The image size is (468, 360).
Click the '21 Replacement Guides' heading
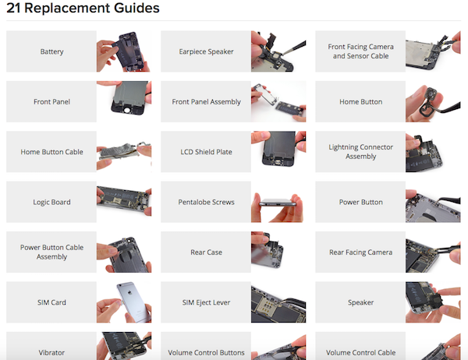(x=83, y=8)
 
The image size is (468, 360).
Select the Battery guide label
(x=51, y=51)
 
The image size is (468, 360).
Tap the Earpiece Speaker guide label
(x=206, y=51)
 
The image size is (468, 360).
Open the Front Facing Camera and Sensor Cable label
(x=360, y=51)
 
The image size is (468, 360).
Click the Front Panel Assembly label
(x=206, y=102)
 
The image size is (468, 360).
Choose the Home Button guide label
(x=360, y=102)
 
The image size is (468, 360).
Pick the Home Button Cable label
(x=51, y=152)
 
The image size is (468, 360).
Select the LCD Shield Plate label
(x=206, y=152)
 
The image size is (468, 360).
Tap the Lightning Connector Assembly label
(x=360, y=151)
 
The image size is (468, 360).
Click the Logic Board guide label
(x=51, y=202)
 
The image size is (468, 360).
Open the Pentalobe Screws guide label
(x=206, y=202)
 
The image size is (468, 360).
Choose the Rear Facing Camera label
(x=360, y=252)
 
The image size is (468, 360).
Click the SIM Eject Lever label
(x=206, y=302)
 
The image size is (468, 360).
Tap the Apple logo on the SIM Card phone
(x=129, y=292)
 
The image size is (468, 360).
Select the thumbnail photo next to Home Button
(x=433, y=102)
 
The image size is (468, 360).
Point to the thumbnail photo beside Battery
(x=124, y=51)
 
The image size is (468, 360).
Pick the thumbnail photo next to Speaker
(x=433, y=302)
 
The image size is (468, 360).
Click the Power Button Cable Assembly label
(x=51, y=252)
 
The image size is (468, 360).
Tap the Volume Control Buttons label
(x=206, y=352)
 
